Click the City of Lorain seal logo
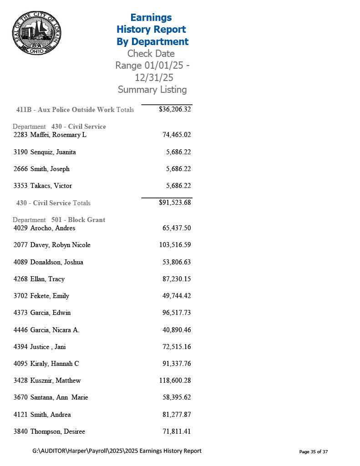(36, 33)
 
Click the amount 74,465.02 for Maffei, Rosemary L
(176, 135)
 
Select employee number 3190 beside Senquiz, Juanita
(20, 152)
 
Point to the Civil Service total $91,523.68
(175, 203)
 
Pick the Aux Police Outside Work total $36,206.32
(175, 109)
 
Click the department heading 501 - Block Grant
(78, 220)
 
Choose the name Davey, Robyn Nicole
(60, 245)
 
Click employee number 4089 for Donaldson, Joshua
(20, 262)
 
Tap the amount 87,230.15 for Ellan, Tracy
(176, 279)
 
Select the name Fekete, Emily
(50, 296)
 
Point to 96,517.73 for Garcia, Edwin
(176, 313)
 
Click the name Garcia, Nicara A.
(55, 329)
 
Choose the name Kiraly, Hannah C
(55, 364)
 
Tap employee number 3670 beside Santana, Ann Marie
(20, 397)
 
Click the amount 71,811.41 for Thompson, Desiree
(176, 431)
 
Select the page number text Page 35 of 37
(313, 451)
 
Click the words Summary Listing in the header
(152, 90)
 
